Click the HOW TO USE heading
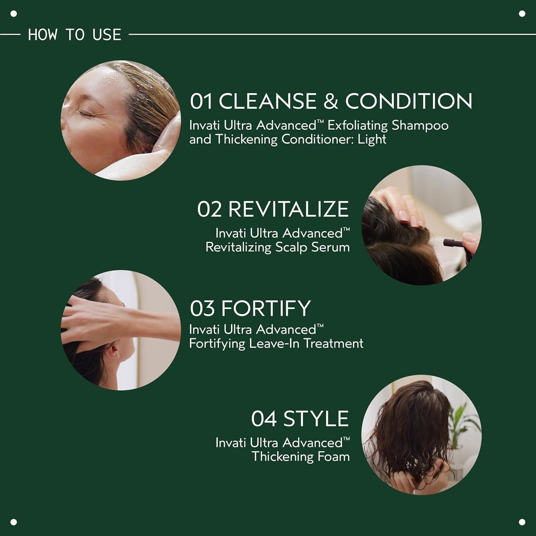pos(74,35)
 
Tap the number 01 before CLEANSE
pos(201,101)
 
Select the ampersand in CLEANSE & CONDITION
pos(331,101)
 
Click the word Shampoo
pos(420,126)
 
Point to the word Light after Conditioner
pos(372,139)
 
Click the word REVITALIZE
pos(288,209)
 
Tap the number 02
pos(209,209)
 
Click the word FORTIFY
pos(266,308)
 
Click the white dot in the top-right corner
pos(522,14)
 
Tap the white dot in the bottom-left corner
pos(14,522)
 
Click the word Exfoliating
pos(358,126)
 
